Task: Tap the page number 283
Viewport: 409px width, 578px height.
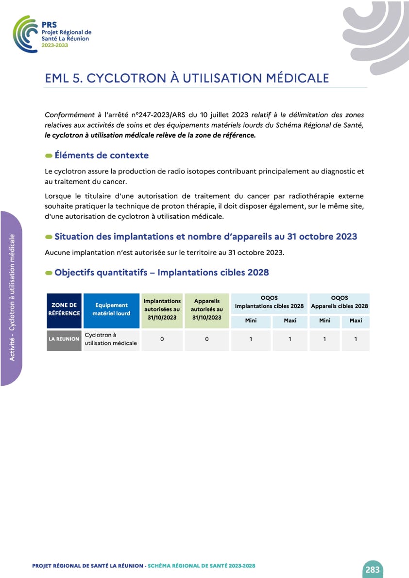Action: click(x=372, y=569)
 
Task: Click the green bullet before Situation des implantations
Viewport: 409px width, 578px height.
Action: click(x=49, y=237)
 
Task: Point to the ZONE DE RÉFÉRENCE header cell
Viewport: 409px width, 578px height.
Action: click(x=64, y=309)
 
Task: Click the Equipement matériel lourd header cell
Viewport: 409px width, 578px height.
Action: click(x=111, y=309)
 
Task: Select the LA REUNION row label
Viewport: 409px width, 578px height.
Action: click(x=64, y=339)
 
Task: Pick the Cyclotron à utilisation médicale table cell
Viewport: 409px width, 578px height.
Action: click(x=111, y=339)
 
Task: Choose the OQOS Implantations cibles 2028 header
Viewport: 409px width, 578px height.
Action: click(x=269, y=302)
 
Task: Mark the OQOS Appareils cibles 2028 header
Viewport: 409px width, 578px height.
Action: click(x=340, y=302)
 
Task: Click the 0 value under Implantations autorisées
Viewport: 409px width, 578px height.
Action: click(x=162, y=339)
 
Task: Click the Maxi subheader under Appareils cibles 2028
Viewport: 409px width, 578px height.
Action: click(x=356, y=321)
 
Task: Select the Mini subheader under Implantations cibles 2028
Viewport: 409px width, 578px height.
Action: click(x=251, y=321)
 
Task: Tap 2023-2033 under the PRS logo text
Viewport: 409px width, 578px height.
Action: click(x=55, y=45)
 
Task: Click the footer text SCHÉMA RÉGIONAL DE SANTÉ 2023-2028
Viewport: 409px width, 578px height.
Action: click(x=202, y=566)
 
